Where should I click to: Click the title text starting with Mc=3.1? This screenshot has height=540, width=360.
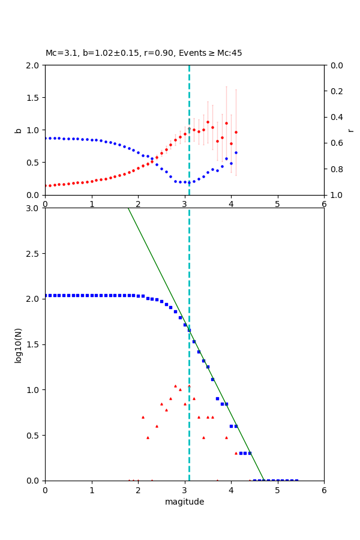[x=144, y=53]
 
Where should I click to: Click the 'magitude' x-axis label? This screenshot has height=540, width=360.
[x=184, y=502]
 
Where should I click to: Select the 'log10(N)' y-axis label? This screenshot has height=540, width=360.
[x=18, y=344]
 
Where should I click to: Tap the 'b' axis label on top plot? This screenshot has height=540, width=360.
[x=18, y=130]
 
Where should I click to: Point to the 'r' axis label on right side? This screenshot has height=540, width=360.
[x=350, y=130]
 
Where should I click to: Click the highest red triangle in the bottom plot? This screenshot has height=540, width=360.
[x=175, y=386]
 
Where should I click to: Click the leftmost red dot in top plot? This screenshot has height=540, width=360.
[x=46, y=186]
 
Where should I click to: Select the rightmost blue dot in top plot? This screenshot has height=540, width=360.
[x=236, y=152]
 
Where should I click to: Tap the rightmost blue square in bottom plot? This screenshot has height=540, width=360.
[x=296, y=481]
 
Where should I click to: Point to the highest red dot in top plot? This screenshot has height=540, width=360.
[x=208, y=122]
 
